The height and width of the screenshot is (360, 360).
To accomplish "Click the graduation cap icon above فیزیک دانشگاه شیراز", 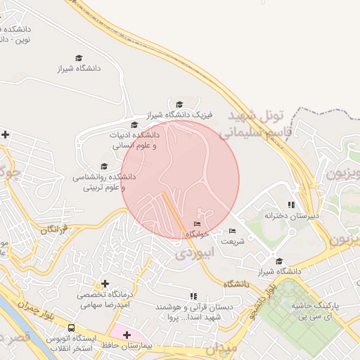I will tap(179, 105).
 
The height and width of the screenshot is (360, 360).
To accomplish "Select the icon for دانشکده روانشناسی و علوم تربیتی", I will tap(105, 167).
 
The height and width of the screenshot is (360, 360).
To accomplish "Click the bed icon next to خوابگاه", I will tap(196, 224).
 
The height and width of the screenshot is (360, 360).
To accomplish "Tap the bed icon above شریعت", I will tap(233, 231).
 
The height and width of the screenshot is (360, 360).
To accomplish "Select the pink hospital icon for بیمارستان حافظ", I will tap(127, 335).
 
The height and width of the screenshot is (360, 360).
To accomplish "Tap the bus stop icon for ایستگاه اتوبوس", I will tap(71, 328).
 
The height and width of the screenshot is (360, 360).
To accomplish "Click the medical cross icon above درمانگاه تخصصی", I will tap(105, 283).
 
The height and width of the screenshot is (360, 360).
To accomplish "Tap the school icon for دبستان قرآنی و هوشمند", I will tap(193, 296).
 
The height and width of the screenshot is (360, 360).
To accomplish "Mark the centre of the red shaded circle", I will tap(181, 180).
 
